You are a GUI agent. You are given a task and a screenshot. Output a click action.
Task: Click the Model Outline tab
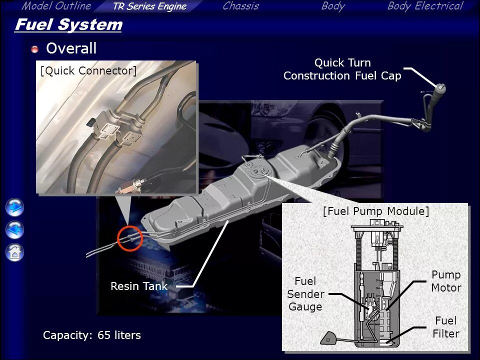(56, 6)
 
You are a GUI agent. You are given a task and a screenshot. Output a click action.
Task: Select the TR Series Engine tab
(149, 6)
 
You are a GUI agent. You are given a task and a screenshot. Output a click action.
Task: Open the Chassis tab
(240, 6)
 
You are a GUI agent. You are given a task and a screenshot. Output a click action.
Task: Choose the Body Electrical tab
(425, 6)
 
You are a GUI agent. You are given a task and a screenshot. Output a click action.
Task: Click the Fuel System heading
(68, 24)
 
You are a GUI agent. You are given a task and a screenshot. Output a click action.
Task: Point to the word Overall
(71, 48)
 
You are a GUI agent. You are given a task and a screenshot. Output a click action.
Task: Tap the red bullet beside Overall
(35, 49)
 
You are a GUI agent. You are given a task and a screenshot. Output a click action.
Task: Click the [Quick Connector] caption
(88, 71)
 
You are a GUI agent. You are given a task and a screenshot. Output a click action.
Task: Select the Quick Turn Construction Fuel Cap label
(342, 69)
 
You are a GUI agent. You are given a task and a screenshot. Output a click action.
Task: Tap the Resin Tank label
(139, 286)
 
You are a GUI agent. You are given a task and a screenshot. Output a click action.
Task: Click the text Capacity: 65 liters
(92, 335)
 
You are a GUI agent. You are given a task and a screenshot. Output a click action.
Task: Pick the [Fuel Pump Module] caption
(376, 211)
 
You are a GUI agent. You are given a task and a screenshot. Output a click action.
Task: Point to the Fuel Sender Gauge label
(305, 294)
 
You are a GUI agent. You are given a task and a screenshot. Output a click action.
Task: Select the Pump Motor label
(446, 281)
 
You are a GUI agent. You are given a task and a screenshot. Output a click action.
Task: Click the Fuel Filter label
(446, 327)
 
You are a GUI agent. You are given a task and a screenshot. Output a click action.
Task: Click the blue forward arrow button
(15, 207)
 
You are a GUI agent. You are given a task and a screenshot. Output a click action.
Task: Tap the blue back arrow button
(15, 230)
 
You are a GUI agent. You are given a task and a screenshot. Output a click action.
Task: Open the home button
(15, 252)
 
